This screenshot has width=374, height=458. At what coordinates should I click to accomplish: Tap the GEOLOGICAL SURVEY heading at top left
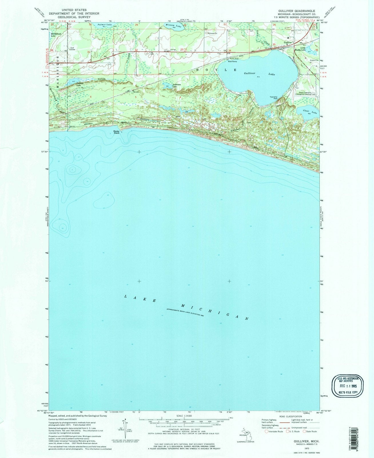tap(74, 17)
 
